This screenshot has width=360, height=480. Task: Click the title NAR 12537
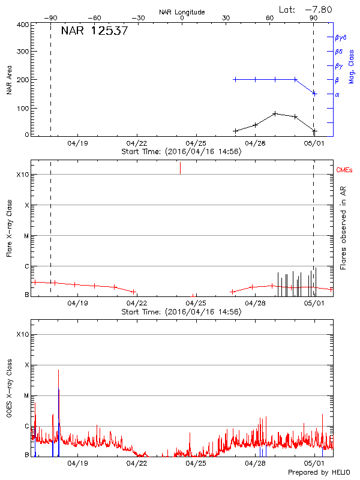pyautogui.click(x=94, y=31)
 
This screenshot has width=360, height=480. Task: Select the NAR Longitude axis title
pyautogui.click(x=182, y=12)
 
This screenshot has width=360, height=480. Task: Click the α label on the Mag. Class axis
pyautogui.click(x=337, y=94)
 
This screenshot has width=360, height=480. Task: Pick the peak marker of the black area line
pyautogui.click(x=275, y=113)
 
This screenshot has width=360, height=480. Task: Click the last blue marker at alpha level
pyautogui.click(x=314, y=94)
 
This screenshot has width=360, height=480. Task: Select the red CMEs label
pyautogui.click(x=345, y=171)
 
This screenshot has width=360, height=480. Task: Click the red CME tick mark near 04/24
pyautogui.click(x=180, y=168)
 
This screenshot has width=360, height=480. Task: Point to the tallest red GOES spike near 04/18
pyautogui.click(x=58, y=371)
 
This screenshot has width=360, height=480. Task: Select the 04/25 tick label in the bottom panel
pyautogui.click(x=196, y=463)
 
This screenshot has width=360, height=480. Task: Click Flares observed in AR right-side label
pyautogui.click(x=343, y=227)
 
